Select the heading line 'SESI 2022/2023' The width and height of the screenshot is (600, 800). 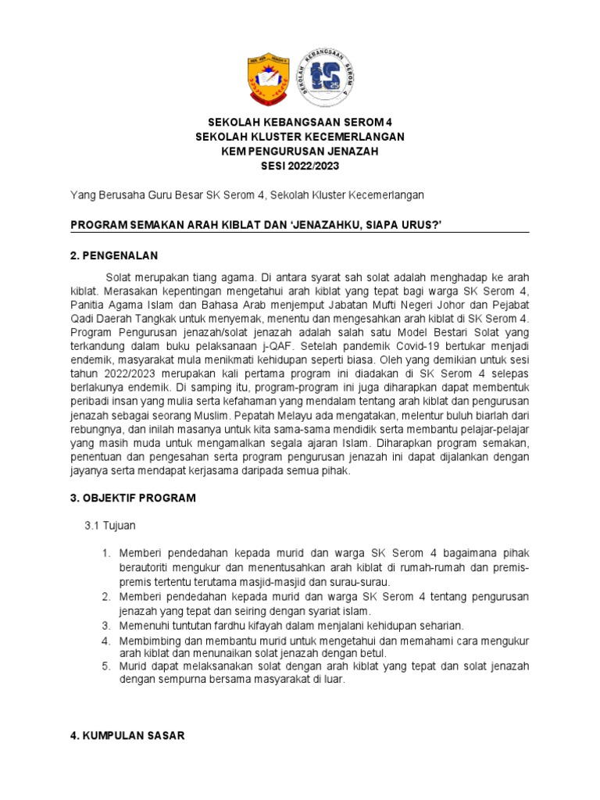pos(300,166)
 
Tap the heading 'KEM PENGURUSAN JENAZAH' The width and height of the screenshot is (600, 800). pos(300,151)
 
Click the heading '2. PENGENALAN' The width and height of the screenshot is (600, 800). pos(114,255)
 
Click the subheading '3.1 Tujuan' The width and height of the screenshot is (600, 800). pos(109,526)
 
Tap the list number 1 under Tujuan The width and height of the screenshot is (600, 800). pos(106,553)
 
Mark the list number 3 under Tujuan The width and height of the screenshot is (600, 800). pos(106,626)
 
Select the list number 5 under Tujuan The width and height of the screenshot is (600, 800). pos(106,666)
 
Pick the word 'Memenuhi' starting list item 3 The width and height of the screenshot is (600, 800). pos(143,626)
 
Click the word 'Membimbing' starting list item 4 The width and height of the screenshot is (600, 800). pos(149,641)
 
